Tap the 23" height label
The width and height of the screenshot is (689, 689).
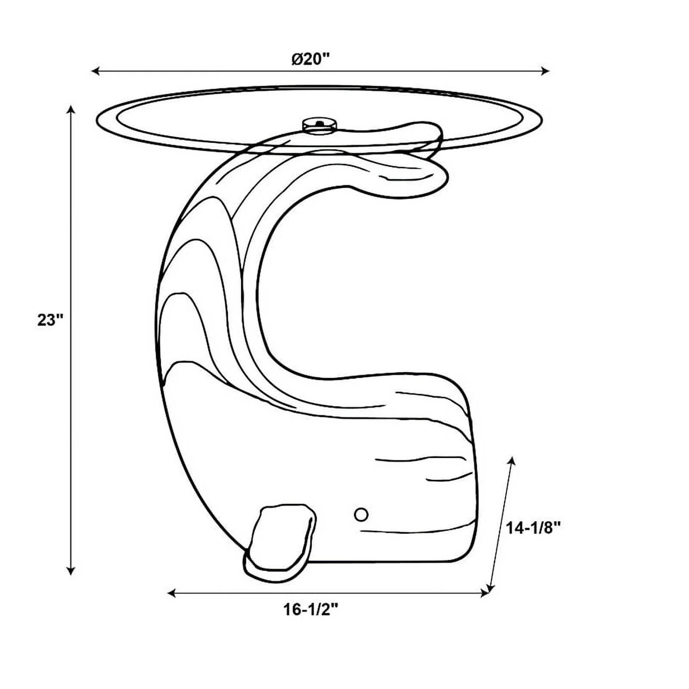(50, 320)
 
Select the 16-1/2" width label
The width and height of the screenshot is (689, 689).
(311, 609)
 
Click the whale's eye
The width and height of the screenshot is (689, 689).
(361, 514)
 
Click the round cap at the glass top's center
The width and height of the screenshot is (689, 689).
(320, 124)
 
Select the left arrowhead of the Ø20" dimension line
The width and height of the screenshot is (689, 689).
(96, 71)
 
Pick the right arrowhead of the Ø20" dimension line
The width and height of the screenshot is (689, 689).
(545, 71)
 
